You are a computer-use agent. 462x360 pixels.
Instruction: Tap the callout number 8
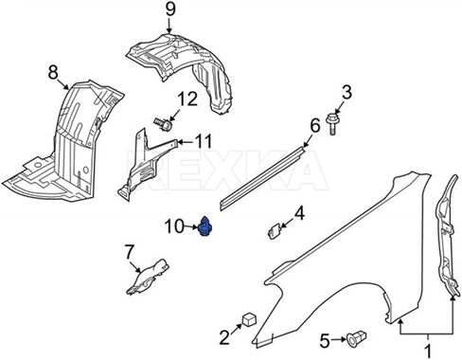click(53, 72)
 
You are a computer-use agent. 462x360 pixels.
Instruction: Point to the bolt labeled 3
click(332, 123)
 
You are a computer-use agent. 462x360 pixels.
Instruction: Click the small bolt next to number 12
click(163, 124)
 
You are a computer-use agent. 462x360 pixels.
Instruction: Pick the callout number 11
click(203, 142)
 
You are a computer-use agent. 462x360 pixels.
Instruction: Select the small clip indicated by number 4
click(275, 231)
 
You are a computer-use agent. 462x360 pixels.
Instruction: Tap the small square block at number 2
click(249, 319)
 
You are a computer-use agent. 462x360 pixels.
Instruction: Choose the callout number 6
click(314, 125)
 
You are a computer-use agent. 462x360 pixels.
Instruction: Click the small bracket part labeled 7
click(148, 277)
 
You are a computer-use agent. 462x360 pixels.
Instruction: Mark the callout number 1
click(428, 352)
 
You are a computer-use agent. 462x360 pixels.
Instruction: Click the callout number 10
click(173, 226)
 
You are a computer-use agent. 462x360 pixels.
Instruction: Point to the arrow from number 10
click(191, 226)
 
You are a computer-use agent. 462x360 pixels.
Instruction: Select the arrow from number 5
click(339, 339)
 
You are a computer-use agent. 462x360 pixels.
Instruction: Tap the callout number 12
click(187, 99)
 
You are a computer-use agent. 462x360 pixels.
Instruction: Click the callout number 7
click(129, 252)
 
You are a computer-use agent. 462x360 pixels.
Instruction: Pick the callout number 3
click(346, 93)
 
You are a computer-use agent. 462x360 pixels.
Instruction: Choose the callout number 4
click(299, 213)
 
